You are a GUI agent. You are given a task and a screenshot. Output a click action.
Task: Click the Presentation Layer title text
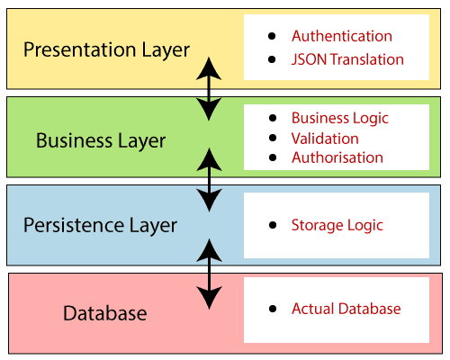106,49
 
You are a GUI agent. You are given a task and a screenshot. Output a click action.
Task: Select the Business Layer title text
101,140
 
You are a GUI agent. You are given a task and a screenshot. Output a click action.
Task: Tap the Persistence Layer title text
100,226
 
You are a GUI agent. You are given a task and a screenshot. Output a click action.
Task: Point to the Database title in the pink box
105,313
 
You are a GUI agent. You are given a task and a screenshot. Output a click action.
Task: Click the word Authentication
342,36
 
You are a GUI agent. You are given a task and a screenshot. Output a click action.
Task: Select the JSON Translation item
347,59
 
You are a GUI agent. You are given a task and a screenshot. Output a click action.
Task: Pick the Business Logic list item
340,118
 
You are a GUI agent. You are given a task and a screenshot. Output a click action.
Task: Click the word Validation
325,139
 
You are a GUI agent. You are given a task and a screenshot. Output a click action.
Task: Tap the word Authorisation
337,157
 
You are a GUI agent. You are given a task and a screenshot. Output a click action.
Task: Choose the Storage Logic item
337,226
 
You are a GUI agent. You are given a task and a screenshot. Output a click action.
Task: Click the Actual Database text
346,309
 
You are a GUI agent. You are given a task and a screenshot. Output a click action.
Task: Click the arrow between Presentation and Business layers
209,89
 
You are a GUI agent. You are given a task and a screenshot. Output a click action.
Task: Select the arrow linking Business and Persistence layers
209,180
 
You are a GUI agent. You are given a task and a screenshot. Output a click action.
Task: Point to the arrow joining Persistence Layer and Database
209,274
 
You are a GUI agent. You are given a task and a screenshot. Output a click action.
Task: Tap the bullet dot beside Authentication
272,36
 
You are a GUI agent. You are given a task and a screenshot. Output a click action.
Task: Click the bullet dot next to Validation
273,138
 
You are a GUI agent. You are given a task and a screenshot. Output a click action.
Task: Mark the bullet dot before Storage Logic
273,225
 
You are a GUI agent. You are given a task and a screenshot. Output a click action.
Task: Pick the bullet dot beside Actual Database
273,309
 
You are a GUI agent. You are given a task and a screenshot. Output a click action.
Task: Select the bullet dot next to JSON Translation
272,59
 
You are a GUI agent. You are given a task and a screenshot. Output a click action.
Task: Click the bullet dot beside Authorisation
273,157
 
